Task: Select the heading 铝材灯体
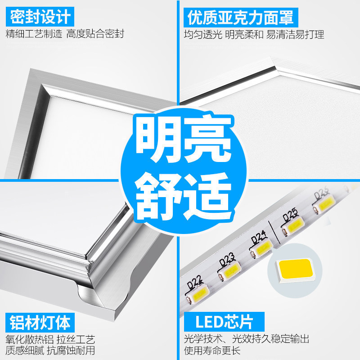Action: point(40,322)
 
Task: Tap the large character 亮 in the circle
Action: point(206,135)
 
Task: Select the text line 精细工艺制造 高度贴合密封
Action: point(65,34)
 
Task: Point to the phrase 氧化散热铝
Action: point(28,339)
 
